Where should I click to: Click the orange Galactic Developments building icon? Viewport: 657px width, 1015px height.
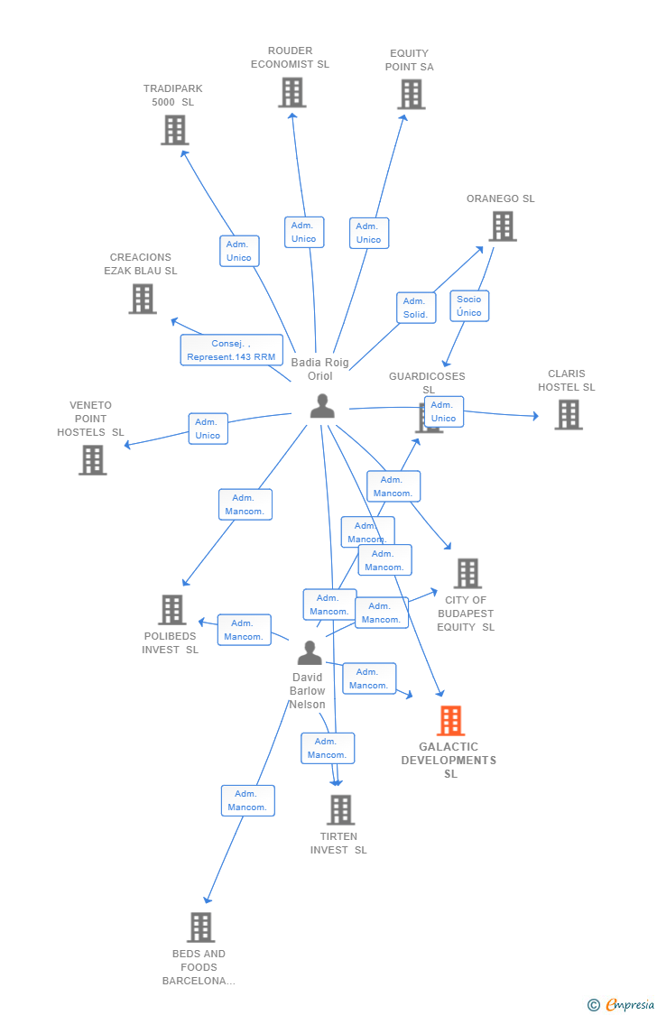pos(450,721)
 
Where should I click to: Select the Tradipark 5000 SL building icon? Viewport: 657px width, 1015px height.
pos(174,130)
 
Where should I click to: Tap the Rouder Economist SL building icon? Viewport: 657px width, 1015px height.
pos(291,92)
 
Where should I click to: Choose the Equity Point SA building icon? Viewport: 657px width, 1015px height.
pos(411,94)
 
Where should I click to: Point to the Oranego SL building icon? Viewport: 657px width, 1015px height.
pos(503,226)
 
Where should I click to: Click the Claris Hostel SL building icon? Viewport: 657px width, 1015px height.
pos(568,414)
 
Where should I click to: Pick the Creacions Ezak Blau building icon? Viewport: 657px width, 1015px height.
pos(142,299)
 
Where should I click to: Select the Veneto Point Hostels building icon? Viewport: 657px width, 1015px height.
pos(92,459)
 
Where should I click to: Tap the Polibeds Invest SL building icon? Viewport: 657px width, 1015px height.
pos(171,610)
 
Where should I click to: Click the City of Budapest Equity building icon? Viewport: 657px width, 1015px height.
pos(467,573)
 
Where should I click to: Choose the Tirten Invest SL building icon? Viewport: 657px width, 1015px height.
pos(340,809)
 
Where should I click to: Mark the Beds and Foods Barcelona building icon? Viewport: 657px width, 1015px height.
pos(200,927)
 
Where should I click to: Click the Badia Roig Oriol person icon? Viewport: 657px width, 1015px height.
pos(321,407)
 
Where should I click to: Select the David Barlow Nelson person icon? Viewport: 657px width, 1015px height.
pos(310,652)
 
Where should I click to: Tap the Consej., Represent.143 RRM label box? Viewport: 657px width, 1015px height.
pos(231,350)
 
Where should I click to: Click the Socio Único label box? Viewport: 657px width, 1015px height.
pos(469,306)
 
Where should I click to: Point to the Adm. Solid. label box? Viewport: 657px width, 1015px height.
pos(415,308)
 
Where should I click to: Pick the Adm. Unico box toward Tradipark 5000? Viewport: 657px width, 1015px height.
pos(239,251)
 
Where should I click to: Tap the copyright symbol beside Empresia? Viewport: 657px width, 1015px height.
pos(593,1005)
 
